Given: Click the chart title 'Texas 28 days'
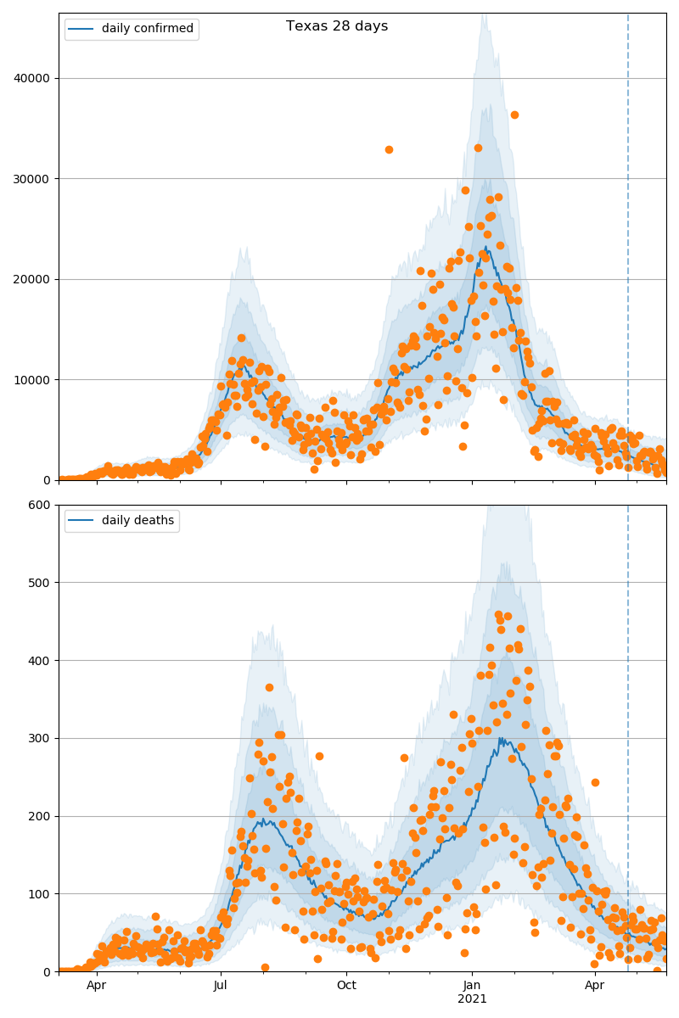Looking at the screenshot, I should tap(337, 26).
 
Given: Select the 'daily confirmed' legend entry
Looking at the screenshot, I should tap(147, 29).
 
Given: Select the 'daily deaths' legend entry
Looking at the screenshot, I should tap(137, 521).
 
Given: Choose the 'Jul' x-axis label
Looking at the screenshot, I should tap(221, 986).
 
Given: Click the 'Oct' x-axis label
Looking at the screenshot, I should tap(346, 986).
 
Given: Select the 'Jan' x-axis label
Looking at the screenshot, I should tap(473, 986).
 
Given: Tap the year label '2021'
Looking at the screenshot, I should tap(473, 999).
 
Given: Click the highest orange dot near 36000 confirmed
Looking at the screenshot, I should tap(514, 115).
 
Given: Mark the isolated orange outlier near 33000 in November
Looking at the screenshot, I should tap(389, 149).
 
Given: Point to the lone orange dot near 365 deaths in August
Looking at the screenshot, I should tap(269, 687).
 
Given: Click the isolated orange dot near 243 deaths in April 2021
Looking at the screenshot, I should tap(595, 782).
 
